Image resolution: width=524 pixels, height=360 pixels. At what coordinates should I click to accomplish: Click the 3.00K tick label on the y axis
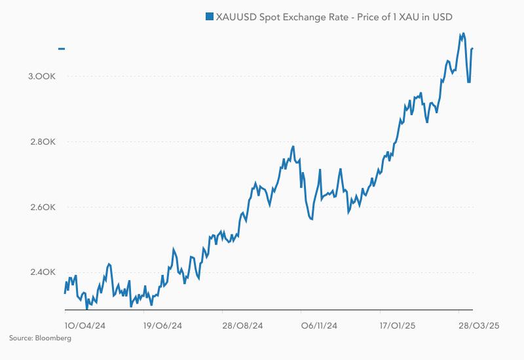(x=41, y=77)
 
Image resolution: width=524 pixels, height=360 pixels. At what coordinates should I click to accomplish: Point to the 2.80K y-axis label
(x=41, y=142)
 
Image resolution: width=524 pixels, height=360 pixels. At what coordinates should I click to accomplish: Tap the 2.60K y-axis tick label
(x=41, y=207)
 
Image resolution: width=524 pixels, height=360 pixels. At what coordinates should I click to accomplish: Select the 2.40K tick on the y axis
(x=41, y=273)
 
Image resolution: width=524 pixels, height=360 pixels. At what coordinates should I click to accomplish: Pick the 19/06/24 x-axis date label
(x=162, y=325)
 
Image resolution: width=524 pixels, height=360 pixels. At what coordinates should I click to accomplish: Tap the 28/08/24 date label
(x=242, y=325)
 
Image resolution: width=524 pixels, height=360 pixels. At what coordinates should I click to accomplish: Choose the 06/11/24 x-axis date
(x=319, y=325)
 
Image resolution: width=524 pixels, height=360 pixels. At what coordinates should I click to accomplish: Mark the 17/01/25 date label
(x=398, y=325)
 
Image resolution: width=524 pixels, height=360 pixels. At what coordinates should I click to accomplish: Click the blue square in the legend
(x=209, y=16)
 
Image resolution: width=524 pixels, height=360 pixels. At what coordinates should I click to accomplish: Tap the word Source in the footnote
(x=20, y=338)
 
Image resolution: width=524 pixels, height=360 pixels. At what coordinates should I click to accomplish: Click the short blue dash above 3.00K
(x=62, y=48)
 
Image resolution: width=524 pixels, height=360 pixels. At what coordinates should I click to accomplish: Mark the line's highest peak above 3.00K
(x=463, y=33)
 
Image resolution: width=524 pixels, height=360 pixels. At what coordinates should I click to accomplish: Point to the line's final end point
(x=472, y=48)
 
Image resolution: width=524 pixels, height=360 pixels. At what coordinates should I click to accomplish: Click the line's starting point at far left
(x=65, y=293)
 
